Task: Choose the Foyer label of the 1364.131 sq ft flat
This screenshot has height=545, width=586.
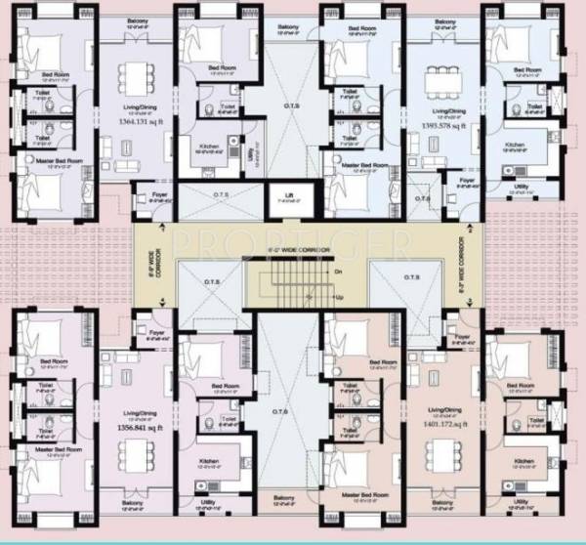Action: [157, 192]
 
